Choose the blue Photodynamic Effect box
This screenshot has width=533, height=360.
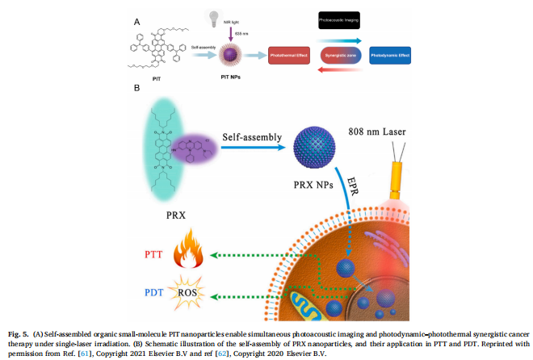[x=391, y=57]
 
